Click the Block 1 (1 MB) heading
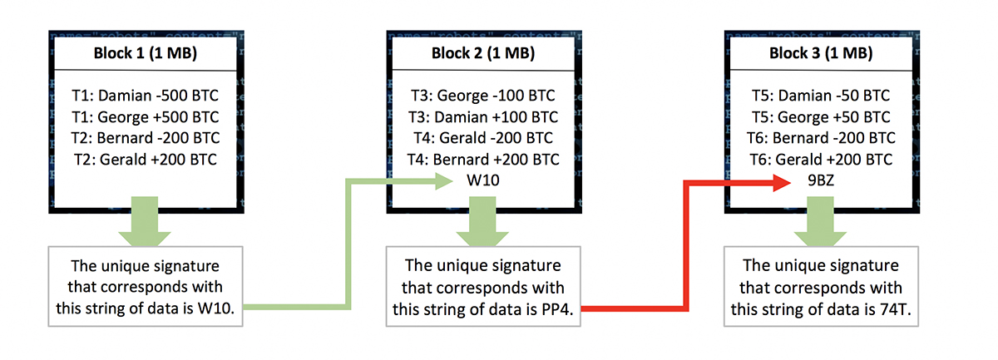click(146, 53)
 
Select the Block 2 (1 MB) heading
click(483, 53)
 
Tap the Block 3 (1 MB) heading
click(821, 53)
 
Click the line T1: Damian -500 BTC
click(146, 96)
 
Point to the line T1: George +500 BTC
click(146, 116)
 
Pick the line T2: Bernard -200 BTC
click(146, 138)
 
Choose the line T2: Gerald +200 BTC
click(146, 159)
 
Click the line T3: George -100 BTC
click(483, 96)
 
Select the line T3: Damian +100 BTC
click(483, 116)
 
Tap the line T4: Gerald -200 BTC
click(483, 138)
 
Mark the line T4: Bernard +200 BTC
click(483, 159)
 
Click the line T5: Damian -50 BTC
click(821, 96)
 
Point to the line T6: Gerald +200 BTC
click(821, 159)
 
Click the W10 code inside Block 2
click(483, 180)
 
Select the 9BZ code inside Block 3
click(821, 180)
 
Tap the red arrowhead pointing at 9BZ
click(782, 182)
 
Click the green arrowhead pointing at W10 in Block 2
click(444, 181)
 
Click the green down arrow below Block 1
click(145, 221)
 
